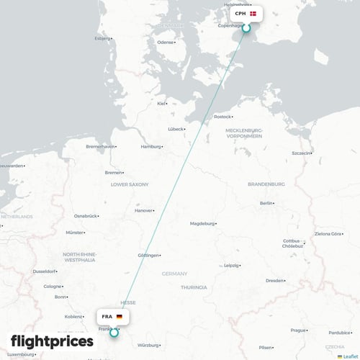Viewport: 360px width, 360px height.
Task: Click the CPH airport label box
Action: (246, 14)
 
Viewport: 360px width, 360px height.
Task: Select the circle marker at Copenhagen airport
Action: (246, 28)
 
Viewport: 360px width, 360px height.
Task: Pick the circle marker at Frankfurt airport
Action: (114, 332)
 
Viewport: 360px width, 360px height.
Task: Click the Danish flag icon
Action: (253, 14)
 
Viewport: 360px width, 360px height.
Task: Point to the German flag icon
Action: (119, 317)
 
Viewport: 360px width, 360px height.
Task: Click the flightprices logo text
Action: (52, 341)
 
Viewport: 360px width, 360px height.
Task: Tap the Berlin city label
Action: (266, 204)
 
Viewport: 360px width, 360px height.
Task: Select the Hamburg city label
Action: (150, 147)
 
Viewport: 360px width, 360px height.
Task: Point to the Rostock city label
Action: (222, 116)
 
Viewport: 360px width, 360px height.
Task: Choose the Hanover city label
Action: (143, 211)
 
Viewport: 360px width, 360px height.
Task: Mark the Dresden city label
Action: (274, 280)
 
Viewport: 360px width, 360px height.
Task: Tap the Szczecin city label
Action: (300, 153)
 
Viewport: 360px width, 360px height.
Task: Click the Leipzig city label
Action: (231, 265)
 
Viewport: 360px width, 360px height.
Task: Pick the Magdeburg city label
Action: (202, 224)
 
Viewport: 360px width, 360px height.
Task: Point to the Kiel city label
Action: (161, 103)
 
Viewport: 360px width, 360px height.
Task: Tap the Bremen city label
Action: (113, 173)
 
